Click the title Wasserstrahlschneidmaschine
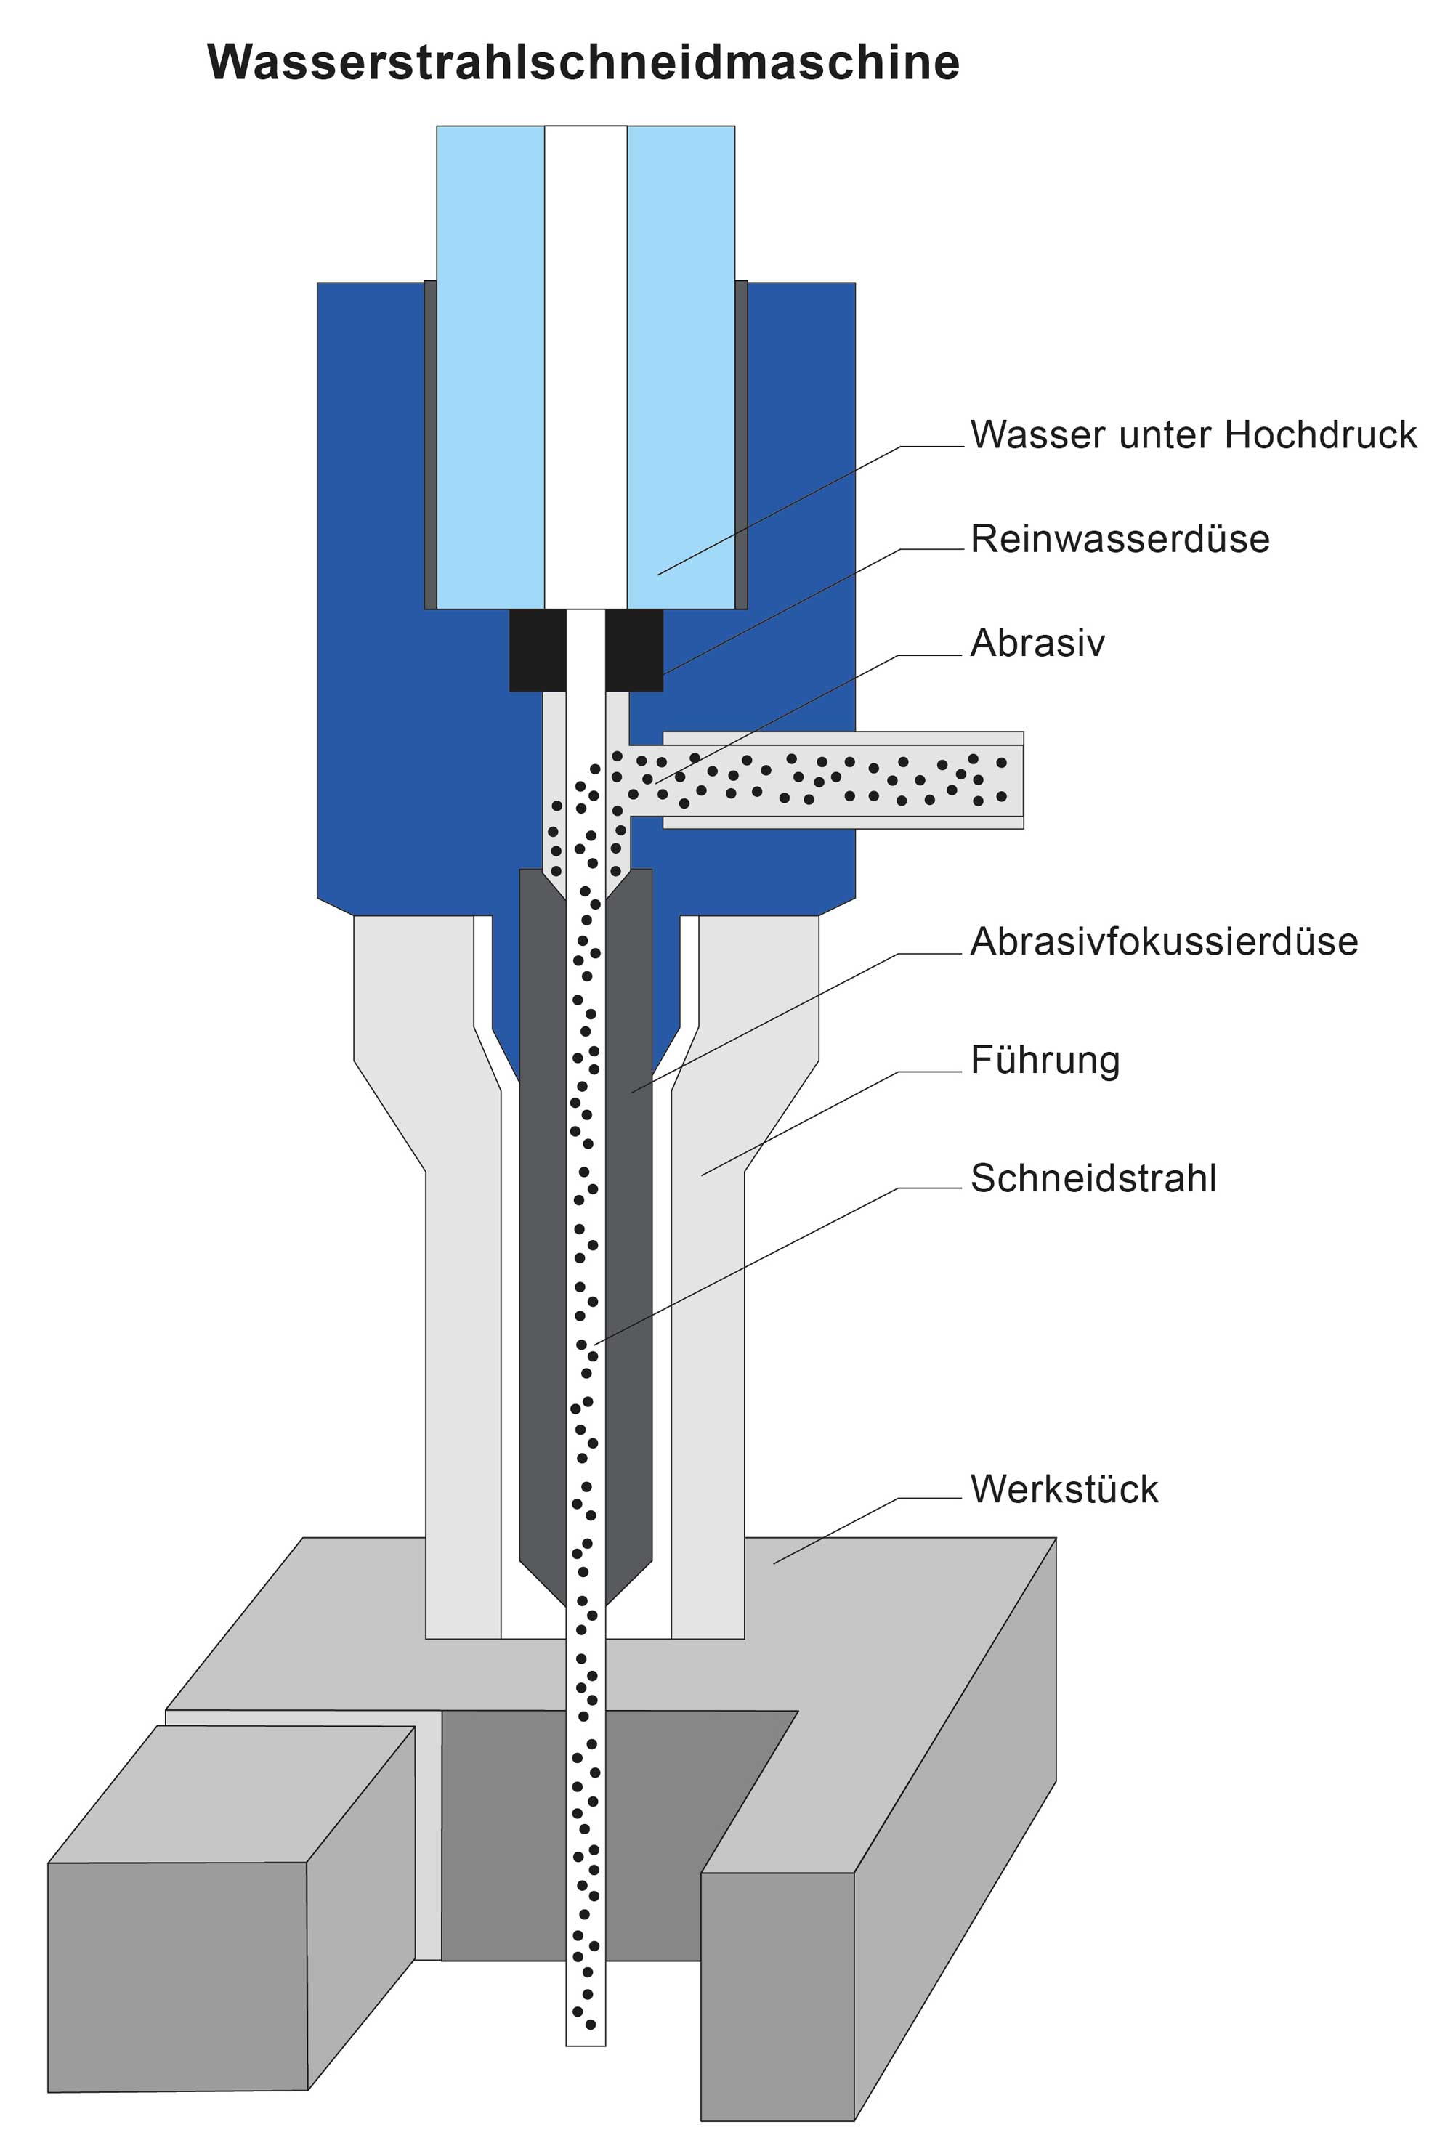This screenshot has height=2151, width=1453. [583, 63]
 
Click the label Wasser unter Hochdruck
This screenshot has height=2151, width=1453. [1192, 435]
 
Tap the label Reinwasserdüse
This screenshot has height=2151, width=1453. [1119, 539]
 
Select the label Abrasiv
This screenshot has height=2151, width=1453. [1037, 643]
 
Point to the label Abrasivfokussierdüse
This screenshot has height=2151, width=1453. [1163, 942]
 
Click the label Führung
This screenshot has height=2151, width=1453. [1044, 1061]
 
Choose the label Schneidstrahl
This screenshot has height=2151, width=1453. [1092, 1179]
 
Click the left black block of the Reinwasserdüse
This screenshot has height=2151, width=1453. [537, 649]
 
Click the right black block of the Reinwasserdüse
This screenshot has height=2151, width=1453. [634, 649]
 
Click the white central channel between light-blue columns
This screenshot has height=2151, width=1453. [585, 370]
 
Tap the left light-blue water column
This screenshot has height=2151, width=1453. [490, 370]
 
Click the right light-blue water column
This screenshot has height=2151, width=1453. [680, 370]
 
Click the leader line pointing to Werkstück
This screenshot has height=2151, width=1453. [833, 1532]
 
